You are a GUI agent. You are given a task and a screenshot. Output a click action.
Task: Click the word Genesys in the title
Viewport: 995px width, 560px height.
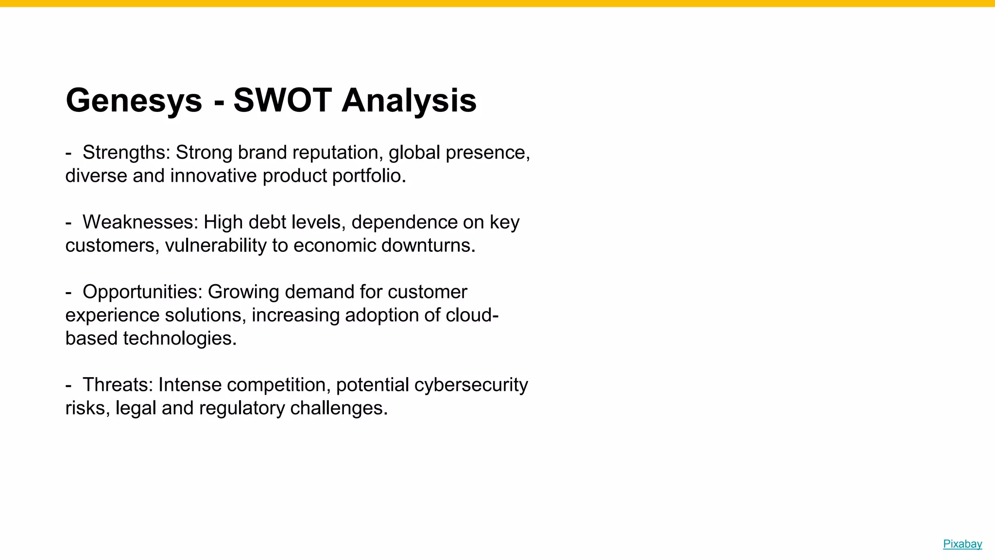pos(134,101)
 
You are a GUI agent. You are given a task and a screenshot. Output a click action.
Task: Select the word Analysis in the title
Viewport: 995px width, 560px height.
pos(409,101)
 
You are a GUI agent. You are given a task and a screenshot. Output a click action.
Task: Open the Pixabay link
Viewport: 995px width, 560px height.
pos(962,544)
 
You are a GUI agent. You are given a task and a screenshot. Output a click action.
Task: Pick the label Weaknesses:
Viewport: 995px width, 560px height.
pos(140,222)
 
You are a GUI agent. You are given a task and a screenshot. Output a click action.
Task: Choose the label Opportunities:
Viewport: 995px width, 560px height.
pos(142,292)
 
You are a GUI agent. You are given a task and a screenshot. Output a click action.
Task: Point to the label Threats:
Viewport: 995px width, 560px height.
pos(118,385)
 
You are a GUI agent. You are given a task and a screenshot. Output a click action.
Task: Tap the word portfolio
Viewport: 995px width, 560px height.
pos(369,176)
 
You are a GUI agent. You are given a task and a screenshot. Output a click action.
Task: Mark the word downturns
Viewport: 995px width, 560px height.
pos(428,245)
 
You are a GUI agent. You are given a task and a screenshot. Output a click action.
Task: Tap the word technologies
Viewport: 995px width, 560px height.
pos(180,338)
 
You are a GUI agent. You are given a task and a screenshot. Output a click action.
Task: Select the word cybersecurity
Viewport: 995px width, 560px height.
pos(471,385)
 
